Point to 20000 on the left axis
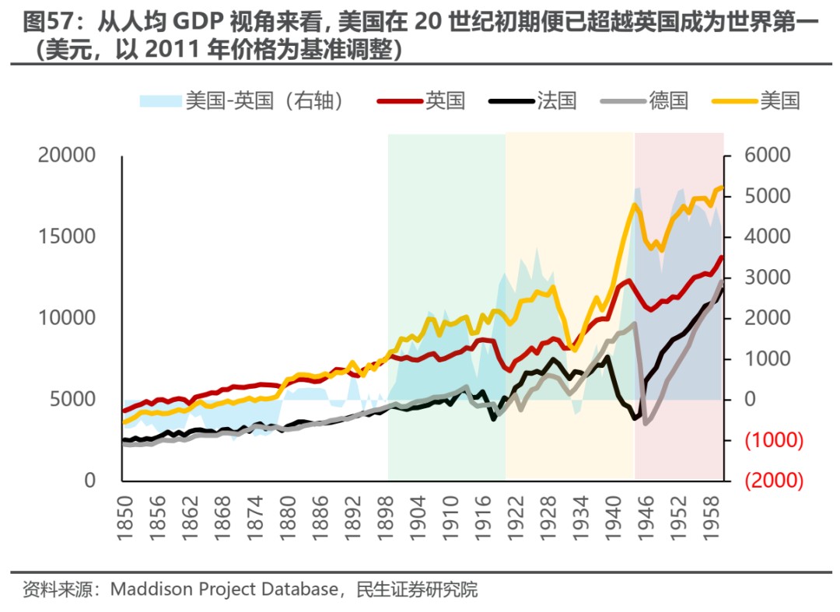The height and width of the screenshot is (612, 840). pos(67,156)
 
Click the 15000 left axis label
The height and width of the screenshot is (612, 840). pos(67,237)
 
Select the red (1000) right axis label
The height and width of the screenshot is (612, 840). pos(773,440)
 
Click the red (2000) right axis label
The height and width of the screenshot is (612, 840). pos(773,481)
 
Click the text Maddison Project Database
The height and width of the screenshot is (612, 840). pos(224,589)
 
